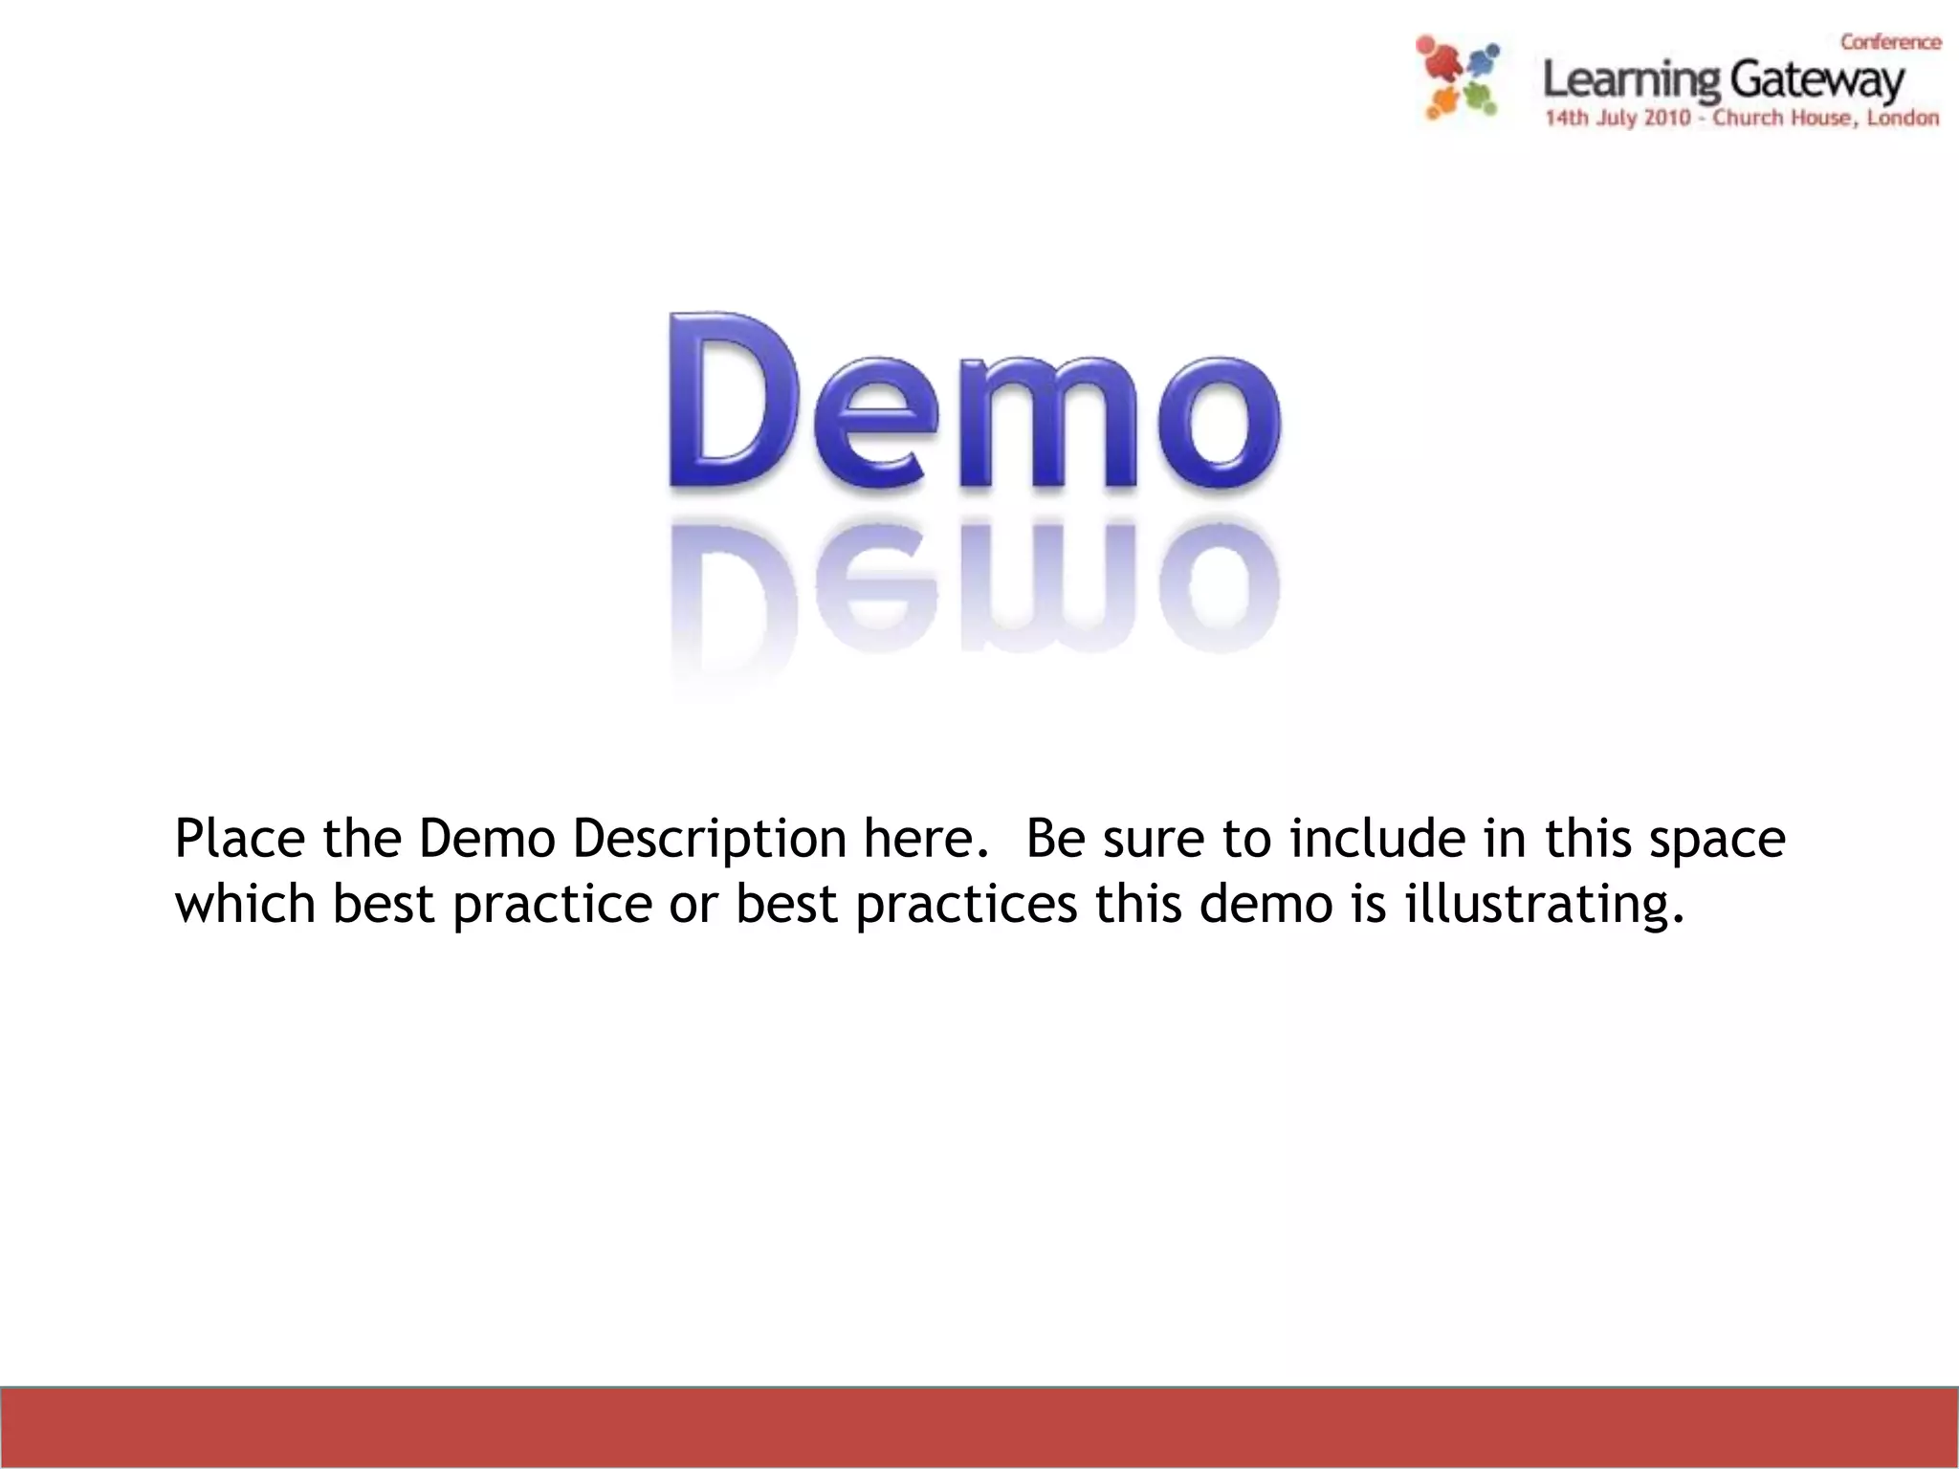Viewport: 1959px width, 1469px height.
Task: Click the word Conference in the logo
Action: pyautogui.click(x=1890, y=42)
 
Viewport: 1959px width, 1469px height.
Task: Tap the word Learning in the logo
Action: pyautogui.click(x=1632, y=81)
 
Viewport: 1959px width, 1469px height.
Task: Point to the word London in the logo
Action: pyautogui.click(x=1903, y=119)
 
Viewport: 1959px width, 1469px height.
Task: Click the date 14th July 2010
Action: pyautogui.click(x=1618, y=119)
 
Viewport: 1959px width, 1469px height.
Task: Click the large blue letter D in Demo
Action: pyautogui.click(x=734, y=402)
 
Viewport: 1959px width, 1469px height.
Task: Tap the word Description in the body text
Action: pyautogui.click(x=709, y=839)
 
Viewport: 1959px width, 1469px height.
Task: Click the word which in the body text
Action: pyautogui.click(x=245, y=903)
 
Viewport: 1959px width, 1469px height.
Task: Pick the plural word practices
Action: pyautogui.click(x=966, y=905)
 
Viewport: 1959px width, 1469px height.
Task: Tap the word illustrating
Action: pyautogui.click(x=1543, y=905)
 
